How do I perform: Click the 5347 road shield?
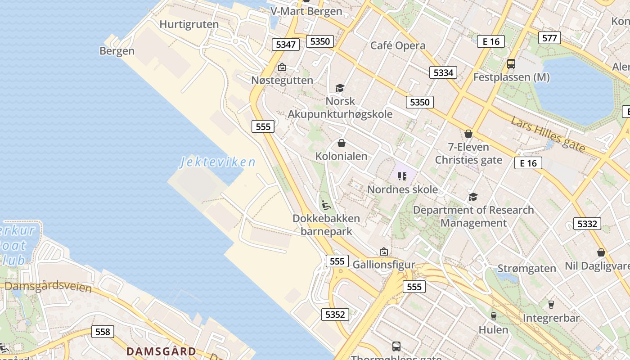coord(286,44)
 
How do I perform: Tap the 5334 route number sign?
coord(443,72)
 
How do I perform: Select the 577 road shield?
coord(549,38)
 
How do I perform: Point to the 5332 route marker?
coord(587,224)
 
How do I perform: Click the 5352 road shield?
coord(335,315)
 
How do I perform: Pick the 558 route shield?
coord(103,332)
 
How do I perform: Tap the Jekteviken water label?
coord(218,162)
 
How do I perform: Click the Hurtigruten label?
coord(189,24)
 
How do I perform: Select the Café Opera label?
coord(398,45)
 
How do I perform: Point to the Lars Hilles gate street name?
coord(548,134)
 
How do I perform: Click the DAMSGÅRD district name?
coord(161,351)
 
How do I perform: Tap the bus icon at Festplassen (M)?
coord(511,64)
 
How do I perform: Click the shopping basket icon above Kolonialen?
coord(342,143)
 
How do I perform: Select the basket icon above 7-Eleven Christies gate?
coord(468,134)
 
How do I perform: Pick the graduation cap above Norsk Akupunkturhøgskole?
coord(340,88)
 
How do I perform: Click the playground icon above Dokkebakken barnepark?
coord(326,205)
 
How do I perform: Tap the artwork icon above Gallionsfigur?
coord(383,252)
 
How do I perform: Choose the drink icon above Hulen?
coord(494,316)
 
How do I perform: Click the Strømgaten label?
coord(526,269)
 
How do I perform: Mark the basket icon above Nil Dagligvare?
coord(601,252)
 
